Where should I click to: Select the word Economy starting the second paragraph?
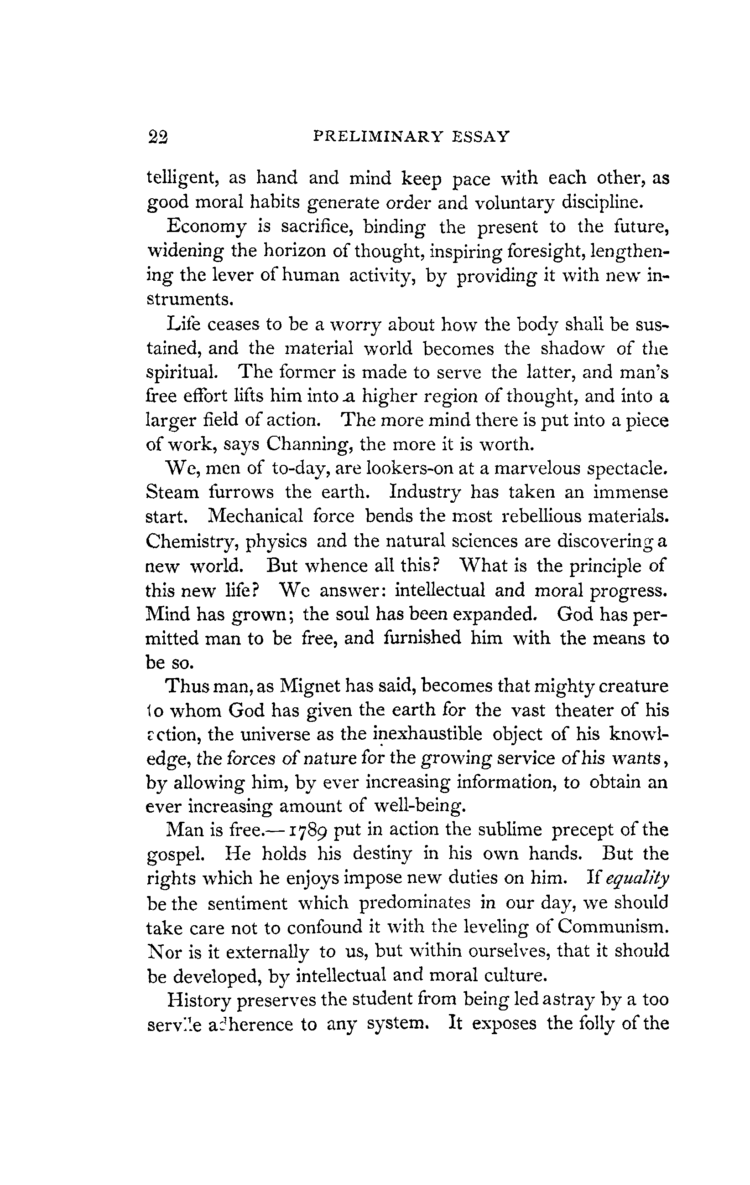[206, 227]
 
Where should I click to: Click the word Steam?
[172, 492]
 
